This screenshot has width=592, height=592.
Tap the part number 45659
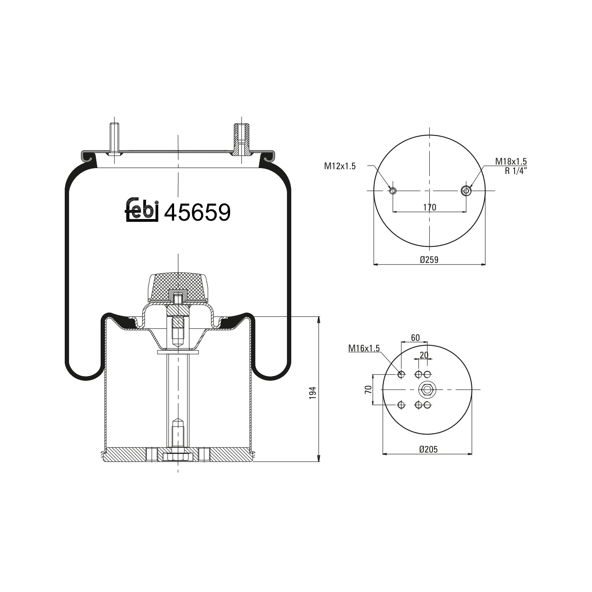197,212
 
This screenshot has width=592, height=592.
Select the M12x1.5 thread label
340,166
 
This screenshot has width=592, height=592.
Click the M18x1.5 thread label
511,161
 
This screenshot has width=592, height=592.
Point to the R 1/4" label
516,170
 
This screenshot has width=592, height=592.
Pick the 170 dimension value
429,207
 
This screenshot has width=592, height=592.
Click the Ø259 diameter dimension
429,259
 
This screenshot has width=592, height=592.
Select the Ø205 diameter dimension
428,449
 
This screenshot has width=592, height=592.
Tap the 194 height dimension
313,393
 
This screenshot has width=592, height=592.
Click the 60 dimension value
415,337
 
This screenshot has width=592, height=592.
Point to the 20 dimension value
424,355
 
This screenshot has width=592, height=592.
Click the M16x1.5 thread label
363,348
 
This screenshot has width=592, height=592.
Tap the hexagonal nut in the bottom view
426,390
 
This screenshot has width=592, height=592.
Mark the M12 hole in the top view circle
393,191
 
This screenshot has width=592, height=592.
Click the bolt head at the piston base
178,457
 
